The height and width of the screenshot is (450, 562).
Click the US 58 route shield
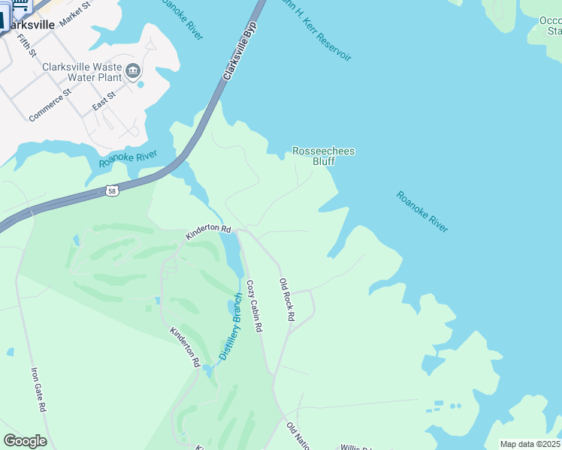[x=112, y=191]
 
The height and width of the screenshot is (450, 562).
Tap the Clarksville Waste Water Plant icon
[x=134, y=71]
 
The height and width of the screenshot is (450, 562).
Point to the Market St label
[x=74, y=13]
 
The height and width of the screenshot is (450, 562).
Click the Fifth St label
[x=26, y=45]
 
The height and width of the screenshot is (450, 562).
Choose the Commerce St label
[x=50, y=105]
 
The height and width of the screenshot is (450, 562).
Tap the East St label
[x=104, y=101]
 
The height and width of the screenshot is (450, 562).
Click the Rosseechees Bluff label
[x=323, y=156]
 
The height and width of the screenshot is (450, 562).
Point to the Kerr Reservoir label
[x=316, y=30]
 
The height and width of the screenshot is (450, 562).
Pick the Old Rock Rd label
[x=286, y=300]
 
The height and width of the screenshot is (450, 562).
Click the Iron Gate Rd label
[x=38, y=388]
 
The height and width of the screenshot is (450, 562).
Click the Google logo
[x=25, y=441]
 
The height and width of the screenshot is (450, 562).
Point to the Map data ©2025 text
[x=529, y=444]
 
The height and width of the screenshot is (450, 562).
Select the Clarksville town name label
[x=30, y=24]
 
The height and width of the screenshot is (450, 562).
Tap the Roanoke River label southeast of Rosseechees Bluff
[x=422, y=211]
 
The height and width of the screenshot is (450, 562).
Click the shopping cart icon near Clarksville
[x=20, y=6]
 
